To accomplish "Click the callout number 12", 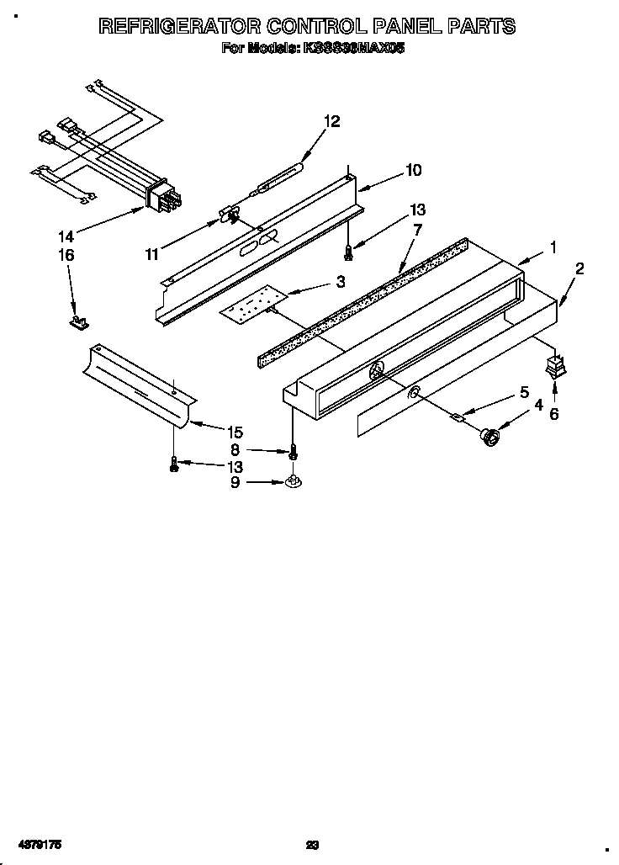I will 332,121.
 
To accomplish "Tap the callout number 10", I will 413,170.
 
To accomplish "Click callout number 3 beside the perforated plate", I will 340,282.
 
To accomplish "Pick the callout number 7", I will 418,229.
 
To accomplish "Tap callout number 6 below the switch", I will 553,413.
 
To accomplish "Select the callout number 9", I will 235,482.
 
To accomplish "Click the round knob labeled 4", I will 489,437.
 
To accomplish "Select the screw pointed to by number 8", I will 293,454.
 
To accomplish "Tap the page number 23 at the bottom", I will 312,843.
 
